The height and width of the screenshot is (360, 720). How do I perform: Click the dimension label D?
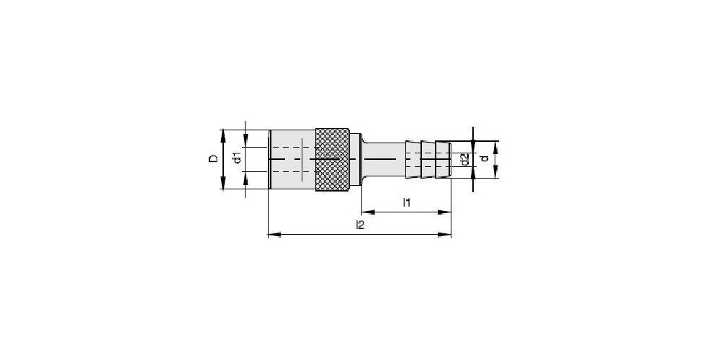[x=214, y=159]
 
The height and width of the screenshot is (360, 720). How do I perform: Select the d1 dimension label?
[x=237, y=158]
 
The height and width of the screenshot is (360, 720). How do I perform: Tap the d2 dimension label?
[x=464, y=160]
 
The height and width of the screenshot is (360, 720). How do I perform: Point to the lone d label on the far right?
[x=484, y=159]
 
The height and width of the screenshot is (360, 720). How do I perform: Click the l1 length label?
[x=406, y=202]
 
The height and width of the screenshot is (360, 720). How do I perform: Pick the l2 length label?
[x=360, y=225]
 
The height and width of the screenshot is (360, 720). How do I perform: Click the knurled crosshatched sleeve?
[x=333, y=159]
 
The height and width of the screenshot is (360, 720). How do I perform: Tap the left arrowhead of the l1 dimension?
[x=368, y=212]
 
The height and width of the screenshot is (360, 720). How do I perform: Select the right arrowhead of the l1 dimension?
[x=444, y=212]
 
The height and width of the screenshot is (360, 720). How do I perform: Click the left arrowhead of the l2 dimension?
[x=274, y=235]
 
